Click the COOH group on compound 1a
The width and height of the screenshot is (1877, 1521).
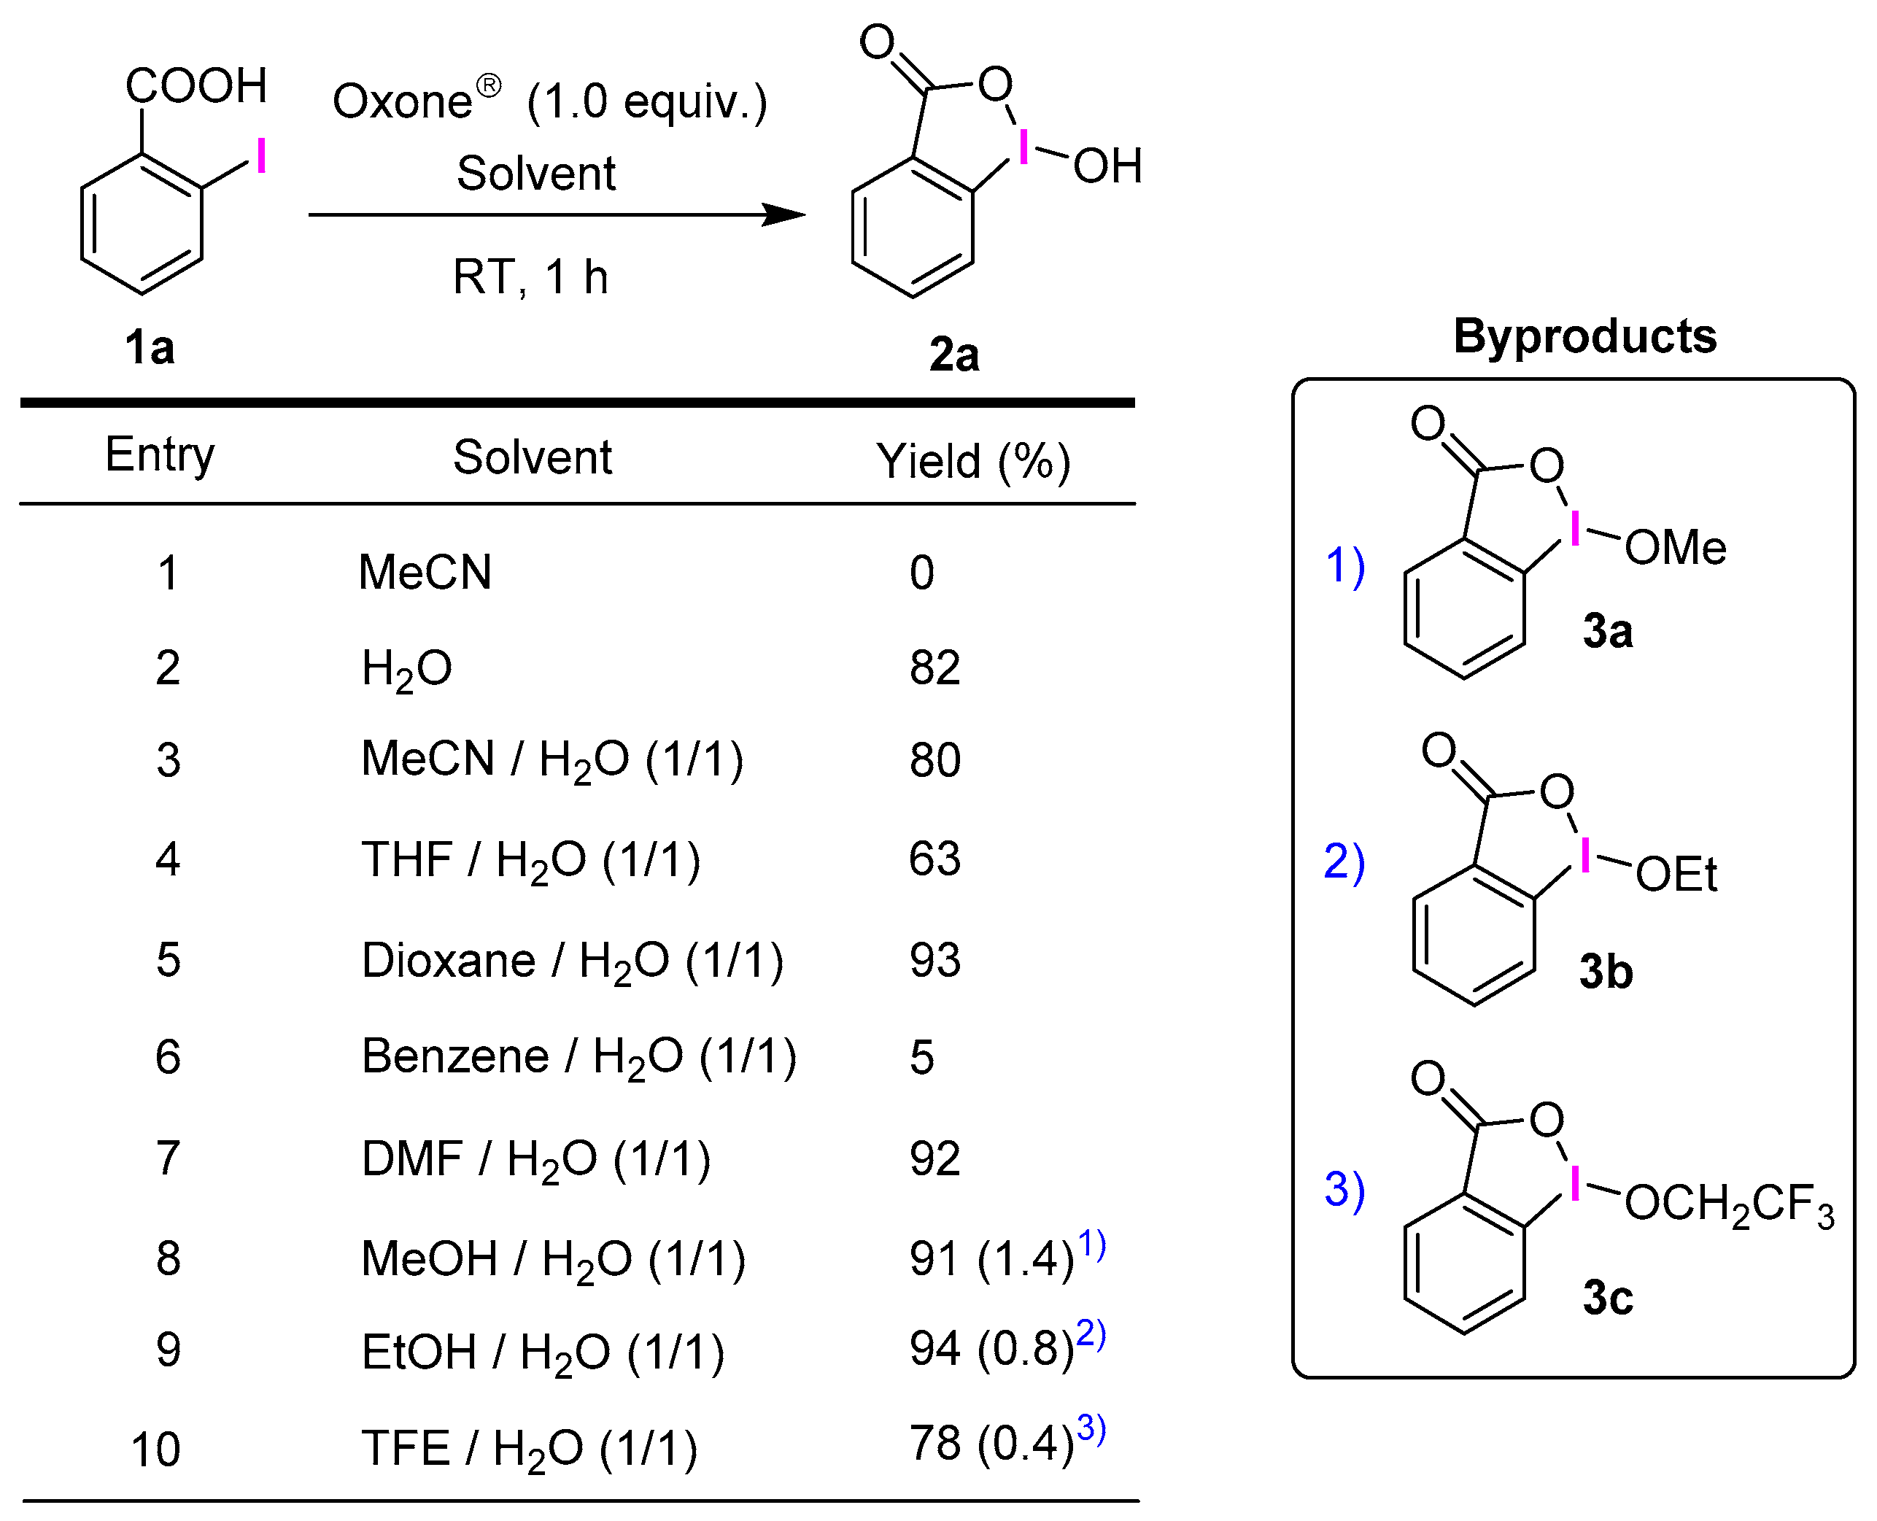click(196, 86)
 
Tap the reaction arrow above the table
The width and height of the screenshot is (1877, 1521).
click(557, 214)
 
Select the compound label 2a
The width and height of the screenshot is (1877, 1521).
click(954, 355)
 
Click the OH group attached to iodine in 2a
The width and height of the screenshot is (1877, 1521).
click(1107, 166)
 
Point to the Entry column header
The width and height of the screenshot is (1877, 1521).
click(160, 454)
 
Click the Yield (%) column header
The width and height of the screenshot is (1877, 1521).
click(974, 461)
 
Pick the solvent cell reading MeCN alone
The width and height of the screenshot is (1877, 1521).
click(425, 573)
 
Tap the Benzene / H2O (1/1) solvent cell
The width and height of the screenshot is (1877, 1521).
click(579, 1056)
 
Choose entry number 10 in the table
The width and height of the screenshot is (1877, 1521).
click(156, 1450)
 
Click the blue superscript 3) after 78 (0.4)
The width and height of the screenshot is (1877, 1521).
click(1091, 1428)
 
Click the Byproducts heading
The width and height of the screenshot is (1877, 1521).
click(1584, 336)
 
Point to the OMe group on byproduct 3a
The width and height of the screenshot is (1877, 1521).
click(1676, 548)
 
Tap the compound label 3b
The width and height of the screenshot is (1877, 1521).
click(1606, 972)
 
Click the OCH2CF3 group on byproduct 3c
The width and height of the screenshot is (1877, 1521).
click(1728, 1204)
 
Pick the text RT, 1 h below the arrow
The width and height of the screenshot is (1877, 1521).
click(530, 278)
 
